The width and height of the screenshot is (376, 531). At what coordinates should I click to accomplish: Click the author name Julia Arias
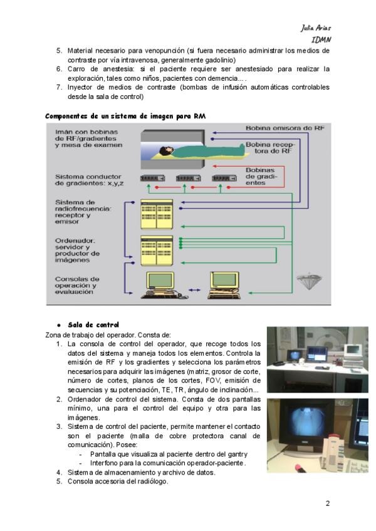tap(315, 28)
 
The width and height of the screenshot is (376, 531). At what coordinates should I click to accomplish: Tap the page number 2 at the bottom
tap(326, 503)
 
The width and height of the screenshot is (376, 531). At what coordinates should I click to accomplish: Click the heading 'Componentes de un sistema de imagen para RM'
tap(125, 116)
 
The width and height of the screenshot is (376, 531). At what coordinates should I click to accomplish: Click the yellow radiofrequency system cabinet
tap(157, 213)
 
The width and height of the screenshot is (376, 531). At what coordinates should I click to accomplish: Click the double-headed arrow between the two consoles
tap(194, 291)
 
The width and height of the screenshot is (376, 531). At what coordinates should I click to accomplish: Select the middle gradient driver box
tap(187, 178)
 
